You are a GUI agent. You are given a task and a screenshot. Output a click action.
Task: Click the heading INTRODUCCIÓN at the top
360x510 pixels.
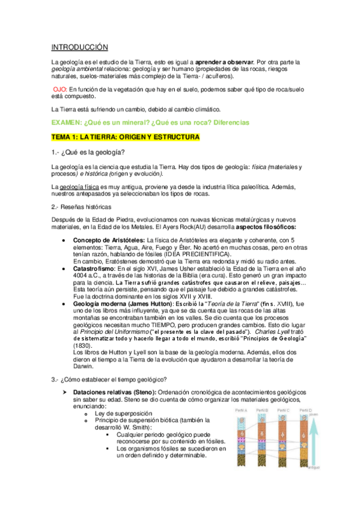[x=79, y=47]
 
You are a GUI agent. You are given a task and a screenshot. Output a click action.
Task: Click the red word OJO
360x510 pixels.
[x=61, y=88]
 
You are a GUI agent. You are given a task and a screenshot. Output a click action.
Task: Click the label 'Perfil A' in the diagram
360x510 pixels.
[x=240, y=411]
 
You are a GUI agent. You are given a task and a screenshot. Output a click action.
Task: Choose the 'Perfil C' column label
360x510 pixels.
[x=284, y=411]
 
